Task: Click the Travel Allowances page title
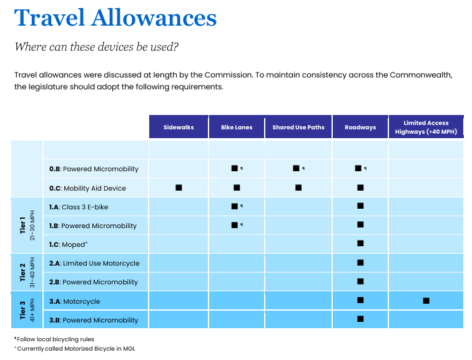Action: click(x=116, y=17)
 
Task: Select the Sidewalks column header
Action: click(x=179, y=127)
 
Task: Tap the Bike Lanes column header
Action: click(x=237, y=127)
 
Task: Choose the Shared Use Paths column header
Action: click(x=298, y=127)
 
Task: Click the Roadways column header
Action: click(x=360, y=127)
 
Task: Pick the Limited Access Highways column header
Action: click(x=426, y=127)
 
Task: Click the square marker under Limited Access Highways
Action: click(x=426, y=301)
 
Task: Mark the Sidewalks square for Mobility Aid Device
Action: click(x=179, y=187)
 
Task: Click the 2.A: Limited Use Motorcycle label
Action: click(x=94, y=263)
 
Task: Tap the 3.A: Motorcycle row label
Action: click(x=75, y=301)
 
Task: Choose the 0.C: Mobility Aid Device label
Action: click(x=87, y=188)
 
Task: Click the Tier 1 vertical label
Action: click(x=22, y=226)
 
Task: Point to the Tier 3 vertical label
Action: click(x=22, y=310)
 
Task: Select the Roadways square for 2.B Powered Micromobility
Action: click(x=360, y=281)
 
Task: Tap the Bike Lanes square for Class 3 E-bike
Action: click(x=234, y=206)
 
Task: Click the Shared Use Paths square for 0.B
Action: click(x=296, y=168)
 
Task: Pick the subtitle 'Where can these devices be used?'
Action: click(x=97, y=47)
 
